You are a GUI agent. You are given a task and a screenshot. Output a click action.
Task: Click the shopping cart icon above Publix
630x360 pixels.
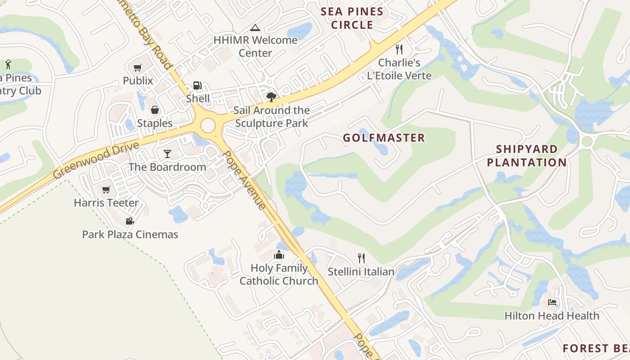pos(137,68)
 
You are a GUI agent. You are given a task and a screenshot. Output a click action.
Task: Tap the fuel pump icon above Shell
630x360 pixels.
pos(197,85)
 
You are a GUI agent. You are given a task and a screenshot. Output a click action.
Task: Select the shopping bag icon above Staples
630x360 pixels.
pos(154,110)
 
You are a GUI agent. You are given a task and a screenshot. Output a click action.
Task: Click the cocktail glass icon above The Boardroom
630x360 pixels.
pos(167,154)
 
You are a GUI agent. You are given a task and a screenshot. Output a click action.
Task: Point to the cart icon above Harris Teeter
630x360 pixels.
pos(106,189)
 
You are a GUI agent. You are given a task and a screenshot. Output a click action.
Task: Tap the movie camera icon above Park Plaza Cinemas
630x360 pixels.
pos(130,221)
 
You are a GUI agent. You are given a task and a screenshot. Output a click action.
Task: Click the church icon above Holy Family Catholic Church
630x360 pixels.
pos(279,255)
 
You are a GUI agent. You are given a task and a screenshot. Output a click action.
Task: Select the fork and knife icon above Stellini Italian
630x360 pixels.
pos(361,258)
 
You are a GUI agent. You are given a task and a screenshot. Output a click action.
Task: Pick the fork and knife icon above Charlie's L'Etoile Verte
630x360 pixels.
pos(399,49)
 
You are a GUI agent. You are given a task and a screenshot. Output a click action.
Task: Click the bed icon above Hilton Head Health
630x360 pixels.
pos(552,302)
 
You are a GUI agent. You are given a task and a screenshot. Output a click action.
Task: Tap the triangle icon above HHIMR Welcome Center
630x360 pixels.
pos(255,27)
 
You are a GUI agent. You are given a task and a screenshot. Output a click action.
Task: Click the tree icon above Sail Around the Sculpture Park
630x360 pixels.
pos(271,97)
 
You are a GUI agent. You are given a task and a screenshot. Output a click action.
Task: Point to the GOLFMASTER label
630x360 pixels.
pos(384,138)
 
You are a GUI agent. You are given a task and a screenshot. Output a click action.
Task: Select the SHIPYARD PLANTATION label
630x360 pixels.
pos(526,156)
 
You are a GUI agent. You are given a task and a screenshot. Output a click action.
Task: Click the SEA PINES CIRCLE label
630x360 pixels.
pos(352,18)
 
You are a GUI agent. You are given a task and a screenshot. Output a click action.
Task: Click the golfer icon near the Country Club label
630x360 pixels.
pos(8,64)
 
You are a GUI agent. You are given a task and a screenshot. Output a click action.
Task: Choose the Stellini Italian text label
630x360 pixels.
pos(361,272)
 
